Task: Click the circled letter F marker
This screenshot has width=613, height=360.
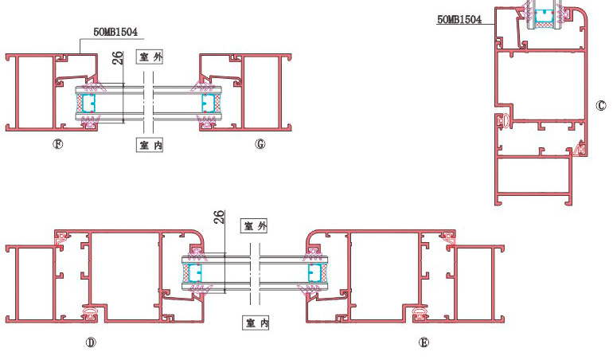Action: tap(58, 144)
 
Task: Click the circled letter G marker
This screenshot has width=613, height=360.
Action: tap(260, 144)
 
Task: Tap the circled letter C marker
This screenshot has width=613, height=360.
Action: tap(601, 106)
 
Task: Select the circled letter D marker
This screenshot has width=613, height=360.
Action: tap(91, 342)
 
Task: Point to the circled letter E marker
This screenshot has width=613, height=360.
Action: tap(424, 342)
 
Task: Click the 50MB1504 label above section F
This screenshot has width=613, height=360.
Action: tap(115, 32)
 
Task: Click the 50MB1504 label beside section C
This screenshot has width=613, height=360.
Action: tap(459, 19)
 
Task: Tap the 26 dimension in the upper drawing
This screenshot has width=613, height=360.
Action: tap(118, 57)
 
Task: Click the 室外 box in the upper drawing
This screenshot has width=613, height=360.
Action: tap(150, 57)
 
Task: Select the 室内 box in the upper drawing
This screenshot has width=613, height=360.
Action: tap(150, 145)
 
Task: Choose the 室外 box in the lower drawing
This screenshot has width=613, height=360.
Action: tap(254, 225)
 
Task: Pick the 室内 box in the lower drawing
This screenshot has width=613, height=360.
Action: tap(256, 323)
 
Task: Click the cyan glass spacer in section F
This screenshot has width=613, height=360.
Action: tap(88, 104)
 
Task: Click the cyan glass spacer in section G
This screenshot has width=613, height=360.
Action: tap(209, 104)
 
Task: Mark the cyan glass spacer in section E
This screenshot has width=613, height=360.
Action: tap(314, 273)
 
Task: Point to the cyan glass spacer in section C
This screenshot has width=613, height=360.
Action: tap(544, 16)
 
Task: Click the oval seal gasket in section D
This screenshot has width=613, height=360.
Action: tap(90, 314)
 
